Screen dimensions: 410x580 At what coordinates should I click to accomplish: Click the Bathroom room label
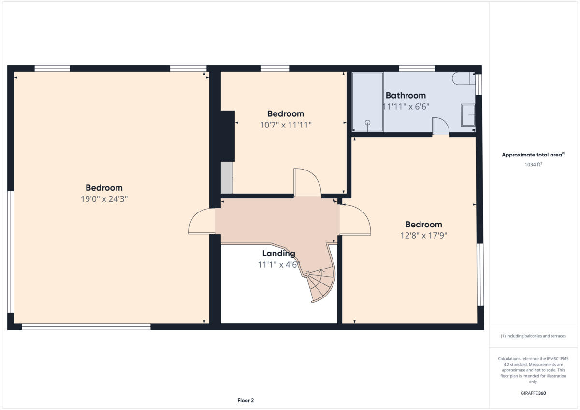coord(406,96)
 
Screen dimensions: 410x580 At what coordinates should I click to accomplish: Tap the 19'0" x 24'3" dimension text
coord(104,199)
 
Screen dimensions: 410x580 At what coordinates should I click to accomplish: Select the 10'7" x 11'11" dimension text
coord(286,125)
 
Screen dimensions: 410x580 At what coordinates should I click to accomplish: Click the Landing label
coord(278,254)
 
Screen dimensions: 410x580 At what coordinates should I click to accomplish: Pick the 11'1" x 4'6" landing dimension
coord(278,265)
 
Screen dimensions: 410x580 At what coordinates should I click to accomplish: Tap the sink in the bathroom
coord(468,115)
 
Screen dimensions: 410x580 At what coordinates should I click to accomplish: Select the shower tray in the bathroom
coord(367,102)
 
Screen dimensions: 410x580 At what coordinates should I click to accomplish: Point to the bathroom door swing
coord(440,127)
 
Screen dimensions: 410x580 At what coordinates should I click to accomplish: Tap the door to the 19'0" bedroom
coord(201,222)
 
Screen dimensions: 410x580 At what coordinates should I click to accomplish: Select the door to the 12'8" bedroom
coord(355,220)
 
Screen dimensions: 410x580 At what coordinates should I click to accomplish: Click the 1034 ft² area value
coord(533,165)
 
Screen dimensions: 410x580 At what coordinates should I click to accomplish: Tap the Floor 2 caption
coord(246,400)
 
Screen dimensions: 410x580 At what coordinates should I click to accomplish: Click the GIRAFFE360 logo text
coord(533,393)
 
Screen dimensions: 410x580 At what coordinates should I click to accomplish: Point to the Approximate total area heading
coord(533,155)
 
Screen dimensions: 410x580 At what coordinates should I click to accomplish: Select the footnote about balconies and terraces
coord(533,336)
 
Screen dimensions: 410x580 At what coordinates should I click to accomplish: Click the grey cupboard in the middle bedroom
coord(227,178)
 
